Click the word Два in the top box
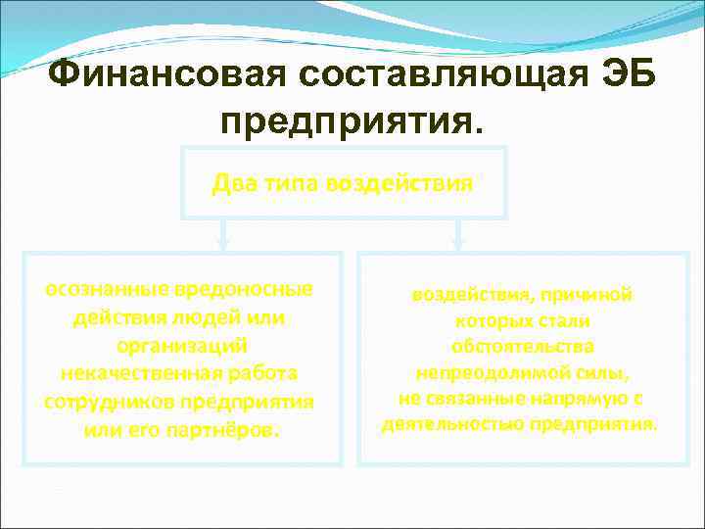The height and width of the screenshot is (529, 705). (x=233, y=183)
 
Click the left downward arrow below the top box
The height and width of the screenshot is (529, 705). (x=224, y=233)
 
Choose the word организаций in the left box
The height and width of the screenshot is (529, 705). (x=180, y=346)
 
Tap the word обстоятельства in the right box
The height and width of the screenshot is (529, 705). (x=522, y=347)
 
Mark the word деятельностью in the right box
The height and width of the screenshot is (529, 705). (x=452, y=425)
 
